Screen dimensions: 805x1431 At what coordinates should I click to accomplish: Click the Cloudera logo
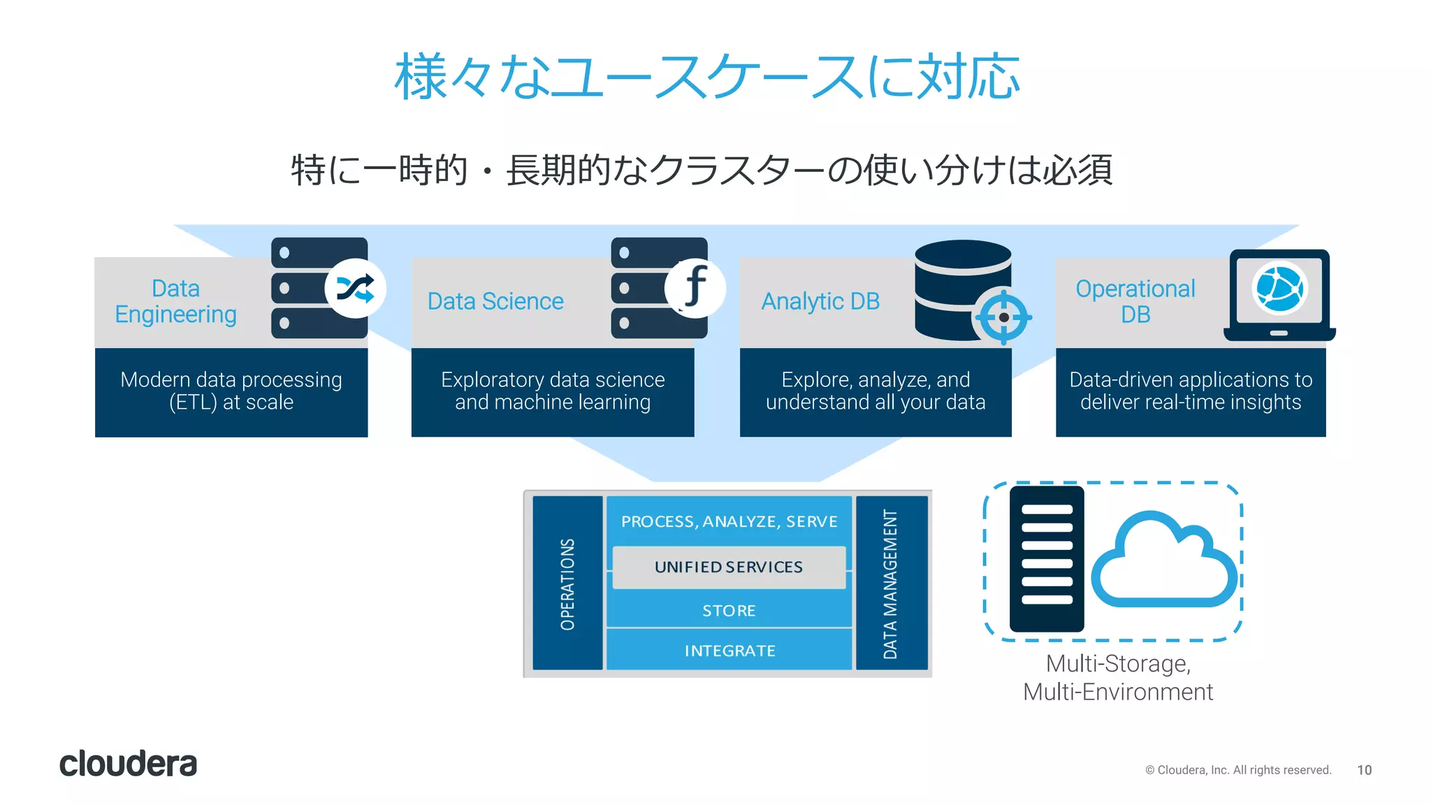pos(128,764)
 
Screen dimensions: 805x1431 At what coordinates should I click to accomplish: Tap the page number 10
pos(1364,770)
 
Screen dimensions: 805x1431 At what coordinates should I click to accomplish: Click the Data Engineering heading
pos(175,301)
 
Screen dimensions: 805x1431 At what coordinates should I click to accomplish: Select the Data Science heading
pos(495,301)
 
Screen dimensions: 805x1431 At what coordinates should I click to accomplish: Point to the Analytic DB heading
pos(820,301)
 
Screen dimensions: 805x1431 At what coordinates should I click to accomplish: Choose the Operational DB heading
pos(1135,301)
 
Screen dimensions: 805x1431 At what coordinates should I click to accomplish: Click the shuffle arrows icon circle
pos(356,289)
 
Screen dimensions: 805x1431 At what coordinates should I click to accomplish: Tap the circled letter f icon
pos(695,287)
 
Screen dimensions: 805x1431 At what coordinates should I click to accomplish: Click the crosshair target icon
pos(1003,317)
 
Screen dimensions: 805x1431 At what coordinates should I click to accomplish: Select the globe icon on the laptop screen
pos(1279,289)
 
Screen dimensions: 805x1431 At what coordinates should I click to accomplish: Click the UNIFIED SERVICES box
pos(729,567)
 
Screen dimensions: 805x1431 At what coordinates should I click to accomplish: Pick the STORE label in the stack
pos(729,611)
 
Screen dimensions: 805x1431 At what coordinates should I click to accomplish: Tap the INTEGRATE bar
pos(729,651)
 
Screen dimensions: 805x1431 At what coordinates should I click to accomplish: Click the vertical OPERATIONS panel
pos(567,583)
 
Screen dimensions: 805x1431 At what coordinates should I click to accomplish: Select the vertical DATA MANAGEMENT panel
pos(891,583)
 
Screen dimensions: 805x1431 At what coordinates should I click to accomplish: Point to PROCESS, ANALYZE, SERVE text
pos(729,521)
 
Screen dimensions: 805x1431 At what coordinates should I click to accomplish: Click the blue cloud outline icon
pos(1163,563)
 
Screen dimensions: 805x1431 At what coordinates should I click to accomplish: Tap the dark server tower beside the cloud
pos(1046,559)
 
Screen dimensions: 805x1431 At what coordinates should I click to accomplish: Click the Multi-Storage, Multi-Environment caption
pos(1118,677)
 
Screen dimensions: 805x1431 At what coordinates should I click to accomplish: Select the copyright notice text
pos(1237,770)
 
